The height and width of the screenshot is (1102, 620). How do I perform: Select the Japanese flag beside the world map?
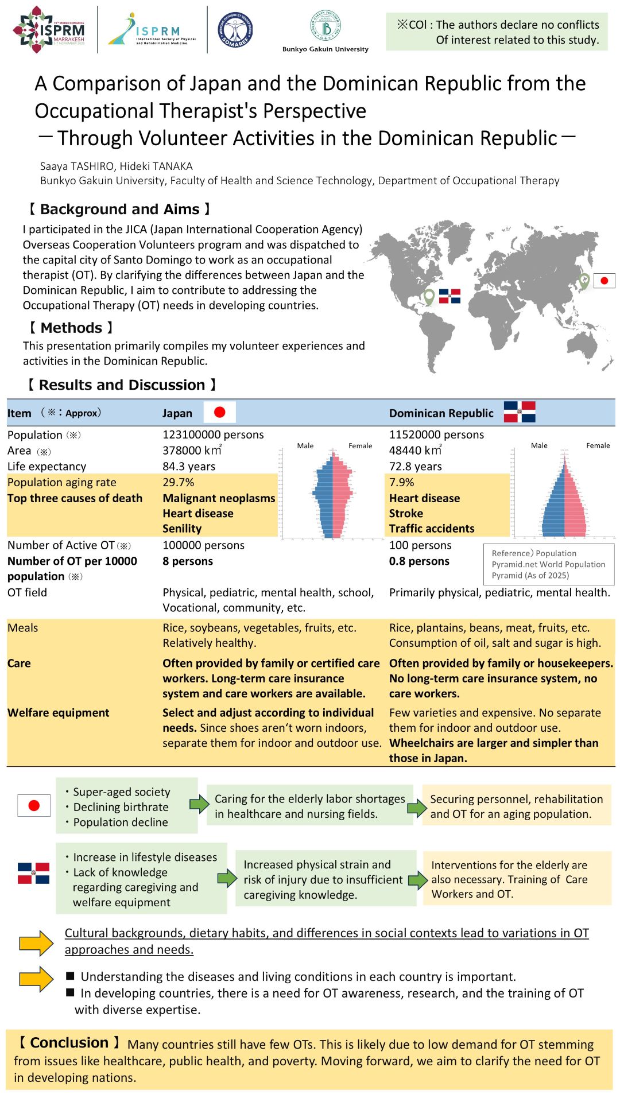tap(604, 281)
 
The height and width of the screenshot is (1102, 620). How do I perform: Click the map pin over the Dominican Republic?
tap(429, 297)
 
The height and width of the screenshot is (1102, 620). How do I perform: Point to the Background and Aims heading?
tap(119, 209)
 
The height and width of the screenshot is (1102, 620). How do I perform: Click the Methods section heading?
tap(71, 328)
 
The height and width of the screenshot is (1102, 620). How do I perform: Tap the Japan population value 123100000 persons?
tap(213, 434)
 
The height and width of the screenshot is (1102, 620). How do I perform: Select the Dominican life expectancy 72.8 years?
tap(415, 466)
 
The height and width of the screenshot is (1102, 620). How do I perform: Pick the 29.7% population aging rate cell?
tap(179, 482)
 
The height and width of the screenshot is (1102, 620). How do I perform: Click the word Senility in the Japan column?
tap(182, 529)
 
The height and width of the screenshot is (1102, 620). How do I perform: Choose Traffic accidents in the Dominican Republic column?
tap(432, 529)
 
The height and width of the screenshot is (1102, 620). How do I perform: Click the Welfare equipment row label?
tap(58, 713)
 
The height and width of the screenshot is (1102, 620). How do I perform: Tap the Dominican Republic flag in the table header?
tap(520, 412)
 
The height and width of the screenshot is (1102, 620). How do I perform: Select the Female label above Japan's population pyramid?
tap(360, 446)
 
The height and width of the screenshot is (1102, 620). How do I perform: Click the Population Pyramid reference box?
tap(548, 564)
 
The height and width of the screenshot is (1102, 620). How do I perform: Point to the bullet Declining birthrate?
tap(121, 807)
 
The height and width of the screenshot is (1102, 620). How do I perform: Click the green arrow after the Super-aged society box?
tap(199, 804)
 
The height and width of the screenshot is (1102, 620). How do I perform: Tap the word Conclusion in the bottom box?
tap(69, 1043)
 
